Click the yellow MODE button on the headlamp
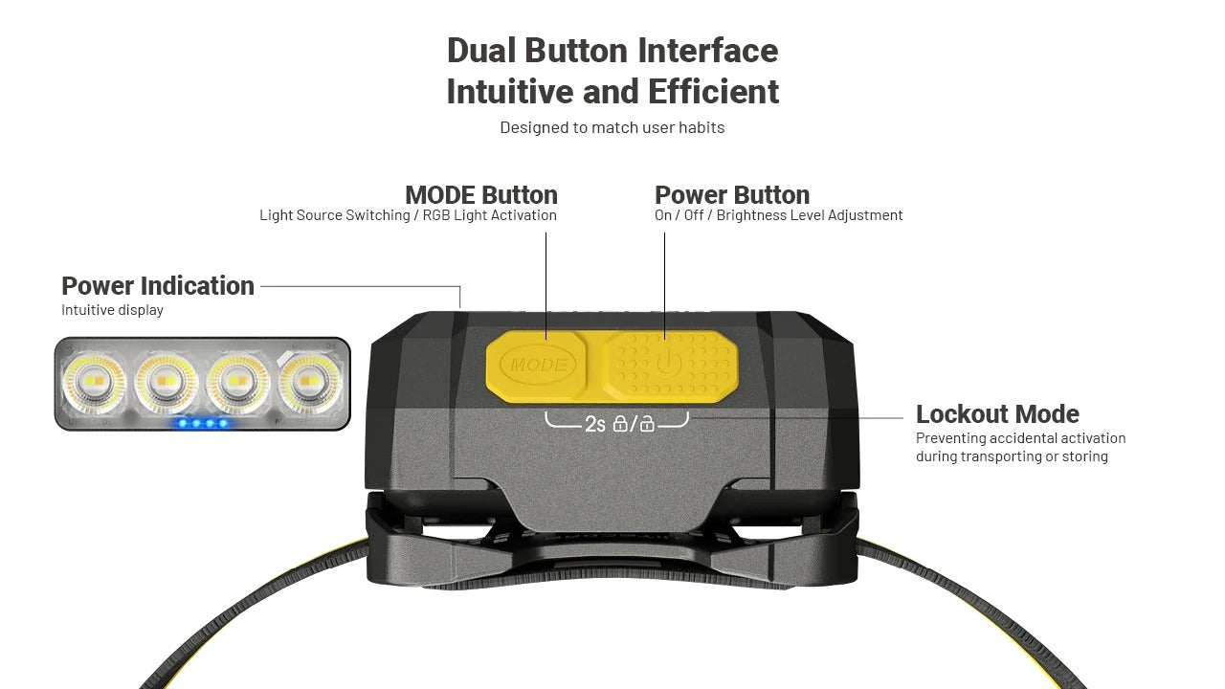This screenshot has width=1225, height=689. [x=536, y=365]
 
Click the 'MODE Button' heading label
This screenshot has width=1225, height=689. [x=481, y=194]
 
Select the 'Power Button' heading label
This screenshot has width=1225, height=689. [x=732, y=194]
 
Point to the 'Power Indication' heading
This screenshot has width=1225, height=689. [x=158, y=286]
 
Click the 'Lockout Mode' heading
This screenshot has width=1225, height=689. [x=997, y=414]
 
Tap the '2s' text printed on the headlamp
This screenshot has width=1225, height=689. [x=595, y=424]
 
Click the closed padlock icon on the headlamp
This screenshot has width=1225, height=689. [x=620, y=423]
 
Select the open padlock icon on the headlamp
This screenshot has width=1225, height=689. [x=647, y=423]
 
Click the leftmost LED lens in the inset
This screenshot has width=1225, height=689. [x=93, y=381]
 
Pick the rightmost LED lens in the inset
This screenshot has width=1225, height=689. [x=309, y=381]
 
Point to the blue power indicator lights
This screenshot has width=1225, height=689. [x=203, y=423]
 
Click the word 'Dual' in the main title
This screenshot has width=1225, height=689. [x=481, y=51]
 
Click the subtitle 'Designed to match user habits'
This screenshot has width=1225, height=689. [x=612, y=127]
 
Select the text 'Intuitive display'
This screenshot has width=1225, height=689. [x=112, y=310]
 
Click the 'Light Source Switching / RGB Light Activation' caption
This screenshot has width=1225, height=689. [x=408, y=215]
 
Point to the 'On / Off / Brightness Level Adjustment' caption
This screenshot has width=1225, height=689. [x=778, y=215]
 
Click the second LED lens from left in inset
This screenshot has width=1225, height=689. [x=165, y=381]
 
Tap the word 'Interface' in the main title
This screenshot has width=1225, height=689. [x=707, y=51]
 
